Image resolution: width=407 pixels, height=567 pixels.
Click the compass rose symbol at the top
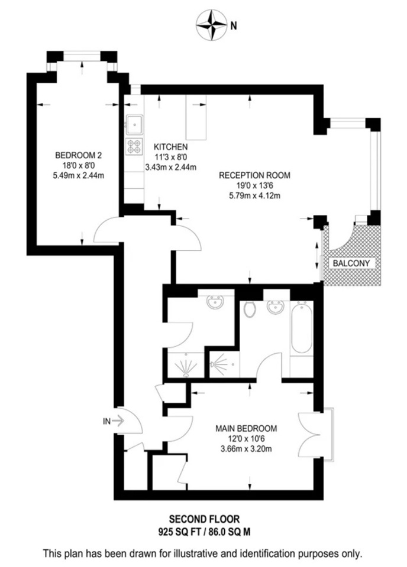coord(212,25)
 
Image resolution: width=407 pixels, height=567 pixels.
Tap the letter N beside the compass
coord(234,25)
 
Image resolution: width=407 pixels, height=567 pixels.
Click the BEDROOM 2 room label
coord(79,155)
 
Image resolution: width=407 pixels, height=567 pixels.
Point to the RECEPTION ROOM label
coord(255,175)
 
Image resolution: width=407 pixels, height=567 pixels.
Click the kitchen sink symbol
coord(134,123)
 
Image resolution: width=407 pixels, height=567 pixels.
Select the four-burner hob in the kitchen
coord(134,146)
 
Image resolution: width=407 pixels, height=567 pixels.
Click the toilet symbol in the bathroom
coord(249,309)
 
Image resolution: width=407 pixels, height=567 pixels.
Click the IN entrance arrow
coord(117,421)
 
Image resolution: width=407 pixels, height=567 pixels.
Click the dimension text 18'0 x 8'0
coord(79,165)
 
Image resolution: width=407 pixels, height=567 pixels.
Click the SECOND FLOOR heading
coord(204,519)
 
